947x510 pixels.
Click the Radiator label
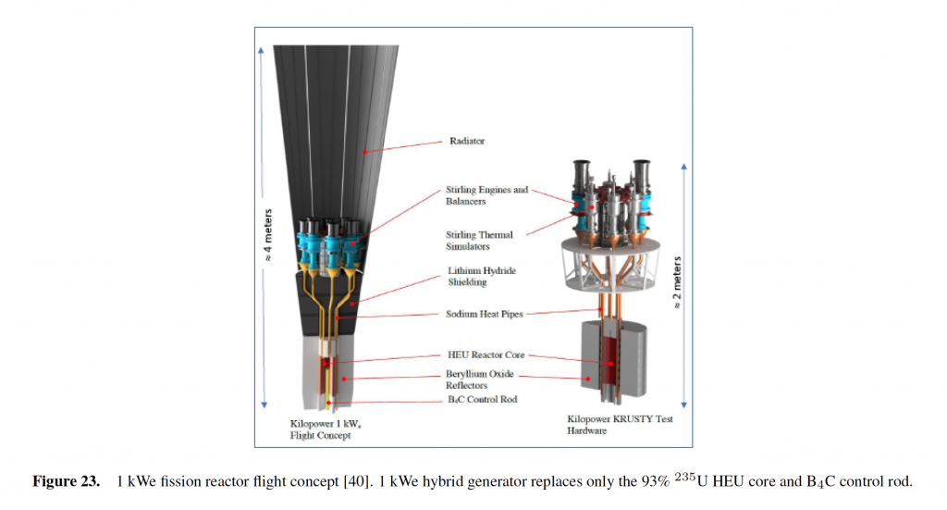(x=467, y=141)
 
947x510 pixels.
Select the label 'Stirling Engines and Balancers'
(x=486, y=195)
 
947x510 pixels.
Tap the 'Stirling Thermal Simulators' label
(x=479, y=241)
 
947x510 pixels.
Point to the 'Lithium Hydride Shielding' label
(x=481, y=276)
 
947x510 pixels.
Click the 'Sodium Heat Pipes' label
(x=485, y=314)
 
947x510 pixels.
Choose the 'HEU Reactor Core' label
(x=486, y=355)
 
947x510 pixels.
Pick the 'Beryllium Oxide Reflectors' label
(x=480, y=379)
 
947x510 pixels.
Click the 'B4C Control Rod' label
(x=482, y=400)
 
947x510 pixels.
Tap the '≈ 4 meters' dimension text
(x=268, y=235)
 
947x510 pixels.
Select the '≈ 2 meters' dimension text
(x=677, y=283)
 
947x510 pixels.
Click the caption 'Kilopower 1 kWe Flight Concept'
(x=326, y=429)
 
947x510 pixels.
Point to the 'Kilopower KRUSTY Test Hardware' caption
(x=620, y=425)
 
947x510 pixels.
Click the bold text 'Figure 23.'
(x=66, y=481)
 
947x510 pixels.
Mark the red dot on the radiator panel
(x=364, y=153)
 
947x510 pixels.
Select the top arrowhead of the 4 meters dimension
(x=261, y=50)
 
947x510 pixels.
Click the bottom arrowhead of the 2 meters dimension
(x=683, y=404)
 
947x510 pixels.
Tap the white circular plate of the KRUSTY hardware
(x=610, y=249)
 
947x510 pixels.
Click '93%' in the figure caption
(x=656, y=481)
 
